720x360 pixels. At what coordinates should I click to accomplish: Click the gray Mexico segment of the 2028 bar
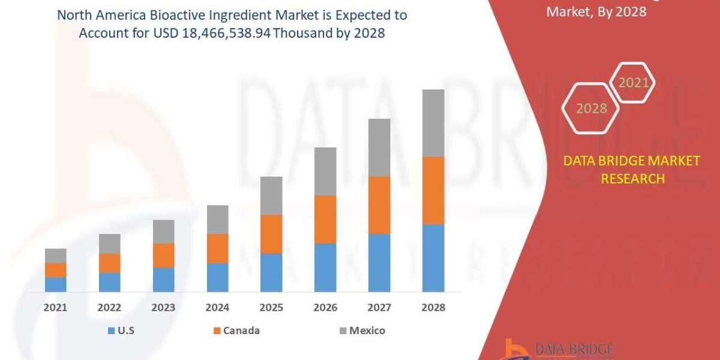433,123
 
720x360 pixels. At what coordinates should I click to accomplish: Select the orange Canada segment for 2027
379,205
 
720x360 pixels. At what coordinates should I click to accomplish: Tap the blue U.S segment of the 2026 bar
325,268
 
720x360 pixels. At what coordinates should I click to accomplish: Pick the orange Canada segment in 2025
271,234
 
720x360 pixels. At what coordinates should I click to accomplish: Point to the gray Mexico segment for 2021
56,256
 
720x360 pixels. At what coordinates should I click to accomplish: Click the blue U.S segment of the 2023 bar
163,280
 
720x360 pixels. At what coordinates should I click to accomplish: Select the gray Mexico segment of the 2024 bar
217,220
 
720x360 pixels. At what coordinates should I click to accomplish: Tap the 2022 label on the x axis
109,307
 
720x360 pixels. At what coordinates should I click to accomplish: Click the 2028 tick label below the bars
433,307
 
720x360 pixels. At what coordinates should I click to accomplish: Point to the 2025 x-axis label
271,307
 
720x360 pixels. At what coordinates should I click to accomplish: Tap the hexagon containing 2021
633,83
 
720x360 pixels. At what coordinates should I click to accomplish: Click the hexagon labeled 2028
590,109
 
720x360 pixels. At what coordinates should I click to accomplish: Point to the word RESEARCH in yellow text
632,179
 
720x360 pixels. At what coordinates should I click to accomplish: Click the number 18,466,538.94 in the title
229,34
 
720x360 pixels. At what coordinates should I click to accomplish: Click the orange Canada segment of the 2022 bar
109,263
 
